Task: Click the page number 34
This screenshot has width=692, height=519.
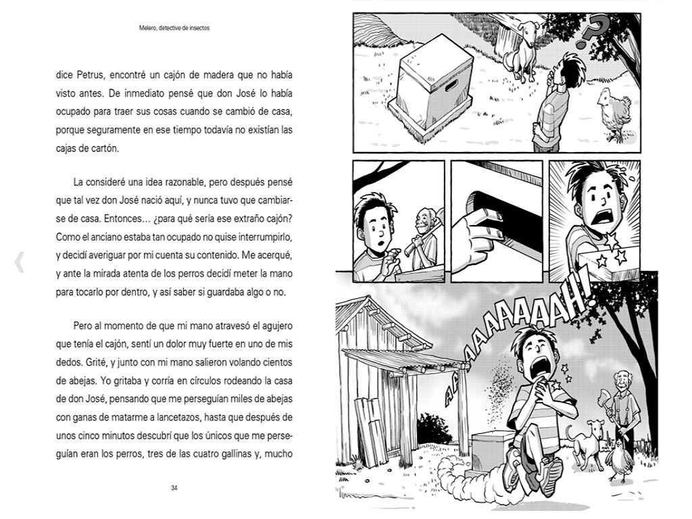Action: [x=174, y=487]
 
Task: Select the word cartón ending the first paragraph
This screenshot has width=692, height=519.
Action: [x=105, y=149]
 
